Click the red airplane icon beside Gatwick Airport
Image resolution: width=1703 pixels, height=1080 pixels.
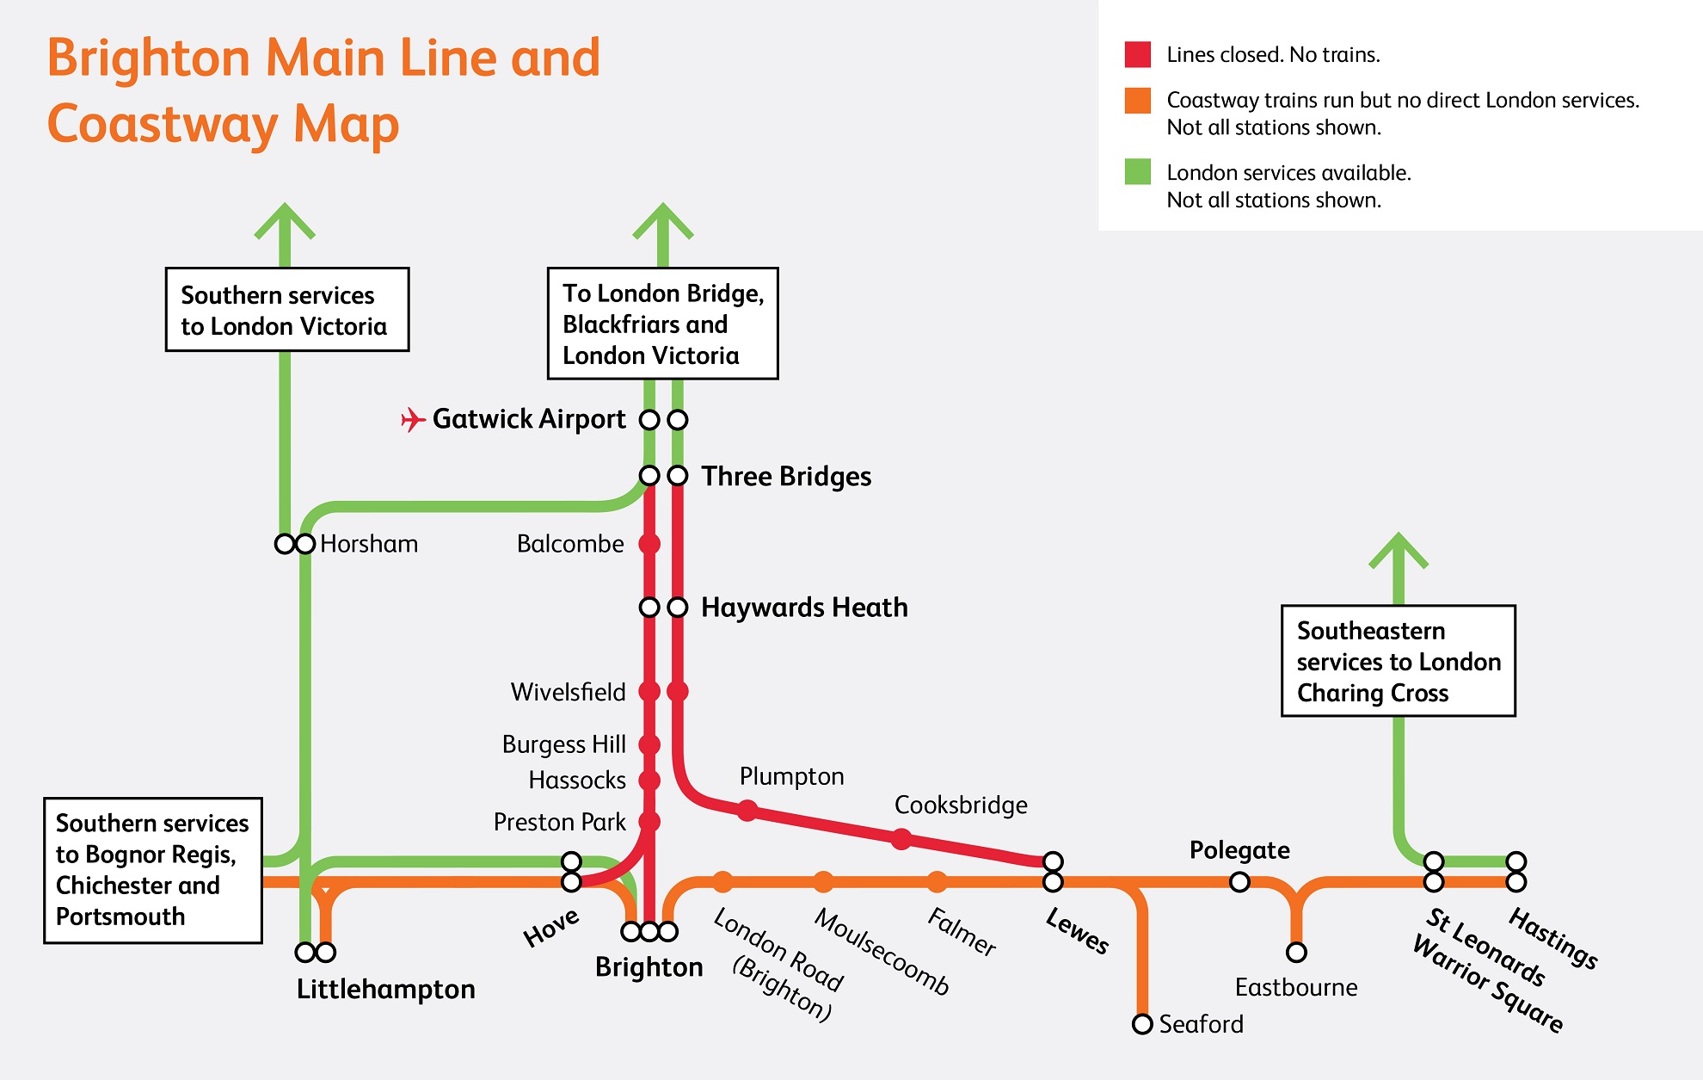pyautogui.click(x=413, y=419)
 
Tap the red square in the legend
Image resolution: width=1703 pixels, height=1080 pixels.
pyautogui.click(x=1137, y=54)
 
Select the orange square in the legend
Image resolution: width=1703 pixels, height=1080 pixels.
pyautogui.click(x=1137, y=101)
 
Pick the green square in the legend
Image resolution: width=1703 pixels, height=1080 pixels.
pyautogui.click(x=1137, y=172)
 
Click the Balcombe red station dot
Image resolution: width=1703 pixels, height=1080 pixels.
pyautogui.click(x=649, y=544)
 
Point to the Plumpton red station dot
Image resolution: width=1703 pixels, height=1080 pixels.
pyautogui.click(x=747, y=810)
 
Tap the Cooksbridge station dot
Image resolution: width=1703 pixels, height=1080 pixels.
pyautogui.click(x=901, y=839)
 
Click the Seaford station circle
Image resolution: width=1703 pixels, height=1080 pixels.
pyautogui.click(x=1142, y=1024)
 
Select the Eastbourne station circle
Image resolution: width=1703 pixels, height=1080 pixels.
pyautogui.click(x=1296, y=953)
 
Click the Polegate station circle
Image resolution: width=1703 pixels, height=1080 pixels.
pyautogui.click(x=1239, y=882)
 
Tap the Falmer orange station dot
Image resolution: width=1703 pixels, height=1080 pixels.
pyautogui.click(x=937, y=882)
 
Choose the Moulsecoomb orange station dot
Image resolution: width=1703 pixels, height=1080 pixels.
pyautogui.click(x=823, y=882)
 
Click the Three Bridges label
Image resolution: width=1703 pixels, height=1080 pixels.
pyautogui.click(x=786, y=476)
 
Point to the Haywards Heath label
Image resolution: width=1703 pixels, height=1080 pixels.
pyautogui.click(x=804, y=608)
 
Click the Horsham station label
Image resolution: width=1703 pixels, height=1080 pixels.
pyautogui.click(x=369, y=544)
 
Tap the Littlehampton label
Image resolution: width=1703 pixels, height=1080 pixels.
pyautogui.click(x=385, y=989)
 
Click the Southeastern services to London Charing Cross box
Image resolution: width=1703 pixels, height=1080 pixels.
pyautogui.click(x=1398, y=661)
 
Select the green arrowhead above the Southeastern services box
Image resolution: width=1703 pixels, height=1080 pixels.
pyautogui.click(x=1399, y=551)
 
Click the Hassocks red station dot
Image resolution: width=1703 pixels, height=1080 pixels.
pyautogui.click(x=649, y=781)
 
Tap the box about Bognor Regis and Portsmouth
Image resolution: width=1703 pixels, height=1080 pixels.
pyautogui.click(x=153, y=870)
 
